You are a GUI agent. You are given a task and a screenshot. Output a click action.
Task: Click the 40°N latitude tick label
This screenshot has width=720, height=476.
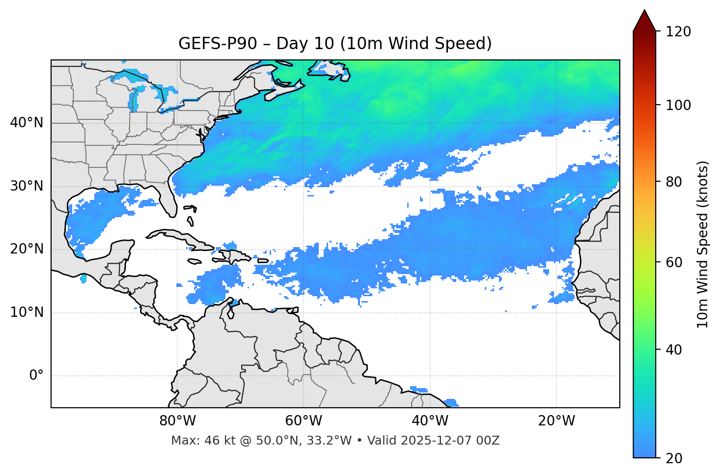tap(27, 123)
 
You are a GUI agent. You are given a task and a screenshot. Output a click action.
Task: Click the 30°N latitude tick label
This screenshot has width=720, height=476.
tap(27, 186)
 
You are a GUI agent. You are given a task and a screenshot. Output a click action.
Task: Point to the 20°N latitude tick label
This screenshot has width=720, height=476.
tap(27, 249)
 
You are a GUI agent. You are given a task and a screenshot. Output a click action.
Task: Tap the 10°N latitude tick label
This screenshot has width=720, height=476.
tap(27, 312)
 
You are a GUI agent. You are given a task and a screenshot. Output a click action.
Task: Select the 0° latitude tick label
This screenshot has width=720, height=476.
tap(36, 376)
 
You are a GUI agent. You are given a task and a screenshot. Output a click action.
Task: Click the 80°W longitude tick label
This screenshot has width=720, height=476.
tap(177, 421)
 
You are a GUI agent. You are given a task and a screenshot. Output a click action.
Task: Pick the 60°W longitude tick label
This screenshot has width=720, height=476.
tap(304, 421)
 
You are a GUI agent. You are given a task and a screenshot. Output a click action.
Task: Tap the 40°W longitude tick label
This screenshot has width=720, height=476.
tap(430, 421)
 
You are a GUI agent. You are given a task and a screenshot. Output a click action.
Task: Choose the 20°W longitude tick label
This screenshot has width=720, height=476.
tap(556, 421)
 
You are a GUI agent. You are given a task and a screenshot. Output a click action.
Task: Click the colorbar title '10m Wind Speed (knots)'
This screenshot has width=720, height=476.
tap(703, 245)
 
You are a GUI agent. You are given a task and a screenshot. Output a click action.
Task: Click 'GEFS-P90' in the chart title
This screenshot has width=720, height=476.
tap(218, 44)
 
